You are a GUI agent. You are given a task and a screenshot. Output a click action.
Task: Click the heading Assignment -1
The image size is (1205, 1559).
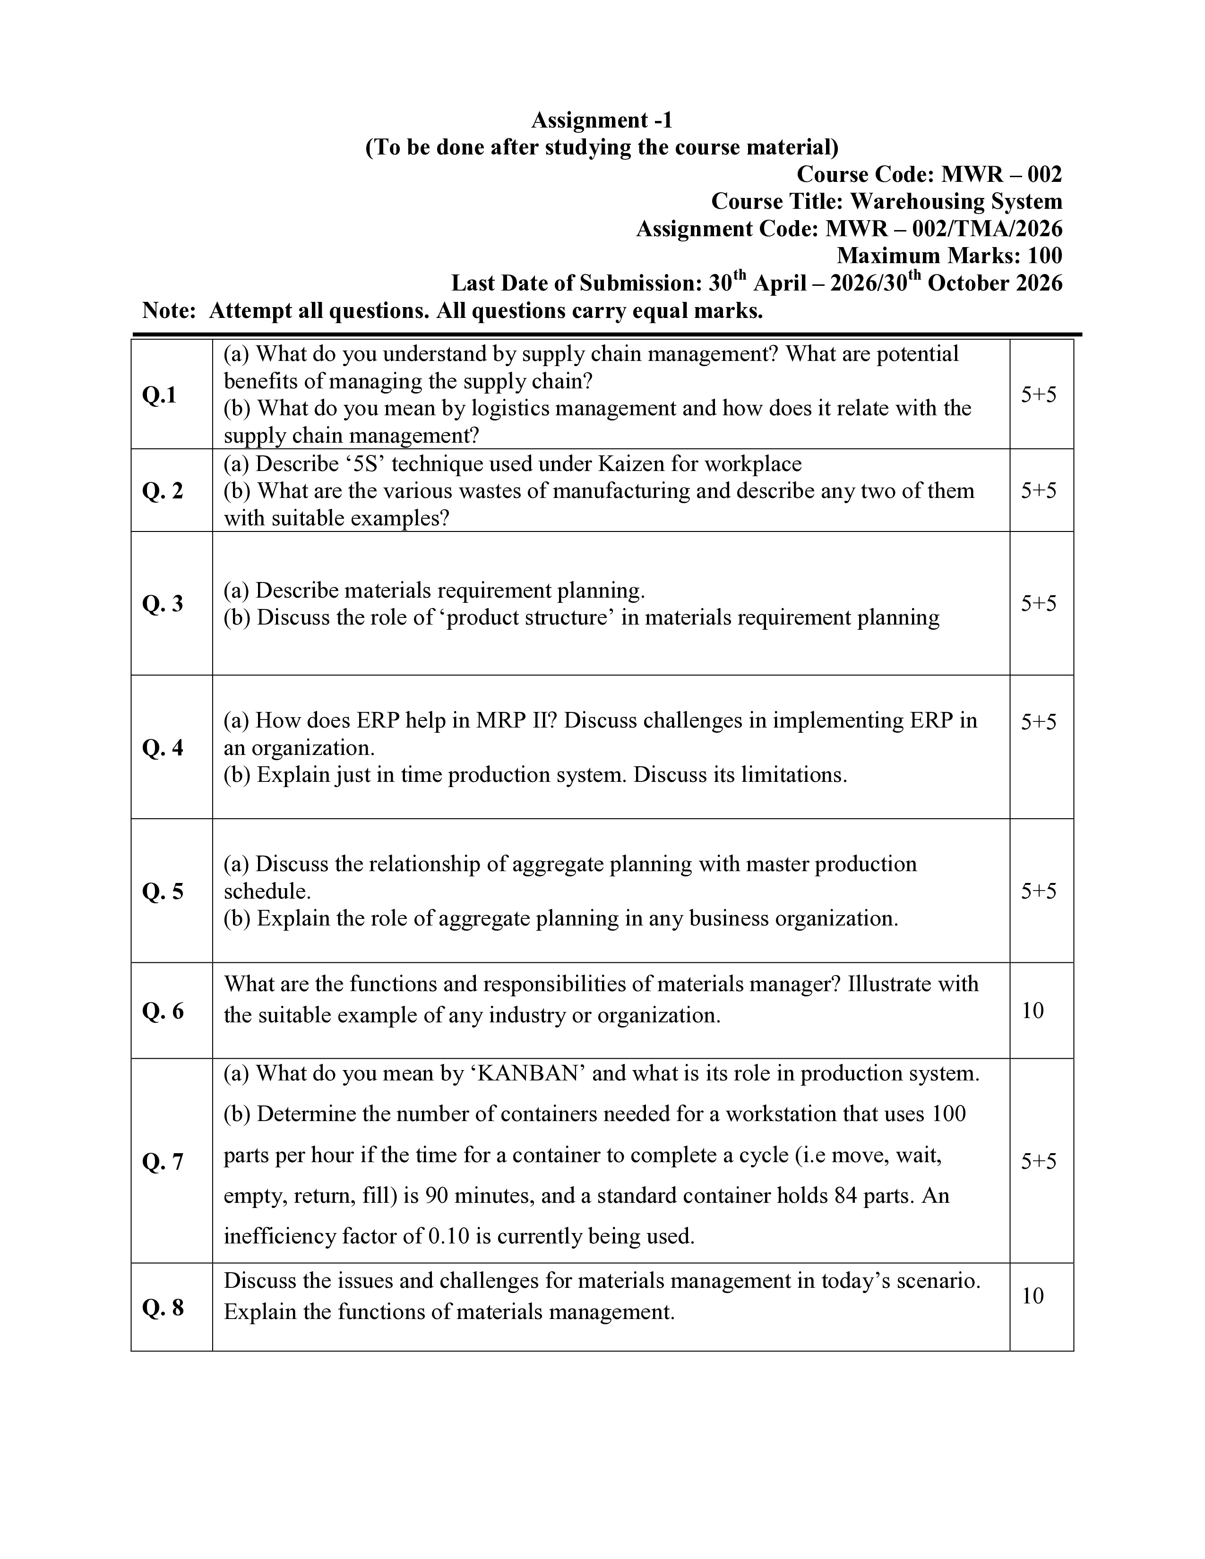[x=602, y=120]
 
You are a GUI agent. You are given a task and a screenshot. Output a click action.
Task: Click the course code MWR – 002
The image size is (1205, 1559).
[x=1001, y=174]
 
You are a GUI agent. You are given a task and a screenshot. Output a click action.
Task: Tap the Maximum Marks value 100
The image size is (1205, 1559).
[x=1044, y=256]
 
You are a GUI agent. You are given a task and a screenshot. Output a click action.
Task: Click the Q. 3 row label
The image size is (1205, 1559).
[x=163, y=604]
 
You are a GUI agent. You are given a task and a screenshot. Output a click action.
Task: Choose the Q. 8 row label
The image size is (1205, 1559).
[x=163, y=1308]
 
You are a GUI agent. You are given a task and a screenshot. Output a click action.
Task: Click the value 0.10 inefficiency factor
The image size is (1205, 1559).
[x=448, y=1236]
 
